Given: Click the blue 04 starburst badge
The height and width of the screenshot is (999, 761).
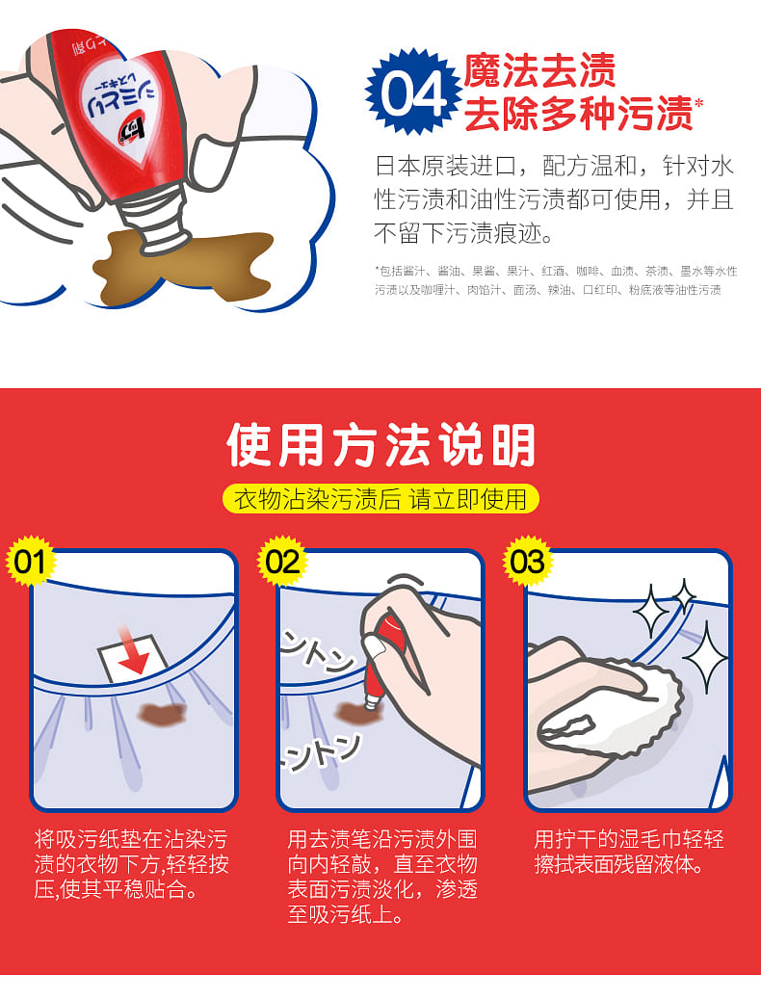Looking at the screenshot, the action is [x=413, y=92].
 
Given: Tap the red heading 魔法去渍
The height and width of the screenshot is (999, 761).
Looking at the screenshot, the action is [x=539, y=70].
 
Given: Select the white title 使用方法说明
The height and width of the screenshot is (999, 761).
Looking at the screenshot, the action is [x=380, y=445].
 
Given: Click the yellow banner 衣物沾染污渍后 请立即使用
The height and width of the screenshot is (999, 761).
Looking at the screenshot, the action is [x=380, y=499].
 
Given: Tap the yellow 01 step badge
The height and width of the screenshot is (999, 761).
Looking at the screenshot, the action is [x=30, y=563].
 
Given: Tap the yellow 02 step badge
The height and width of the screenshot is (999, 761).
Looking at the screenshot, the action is [x=282, y=562].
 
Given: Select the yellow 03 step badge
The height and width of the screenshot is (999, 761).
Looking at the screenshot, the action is [x=527, y=562].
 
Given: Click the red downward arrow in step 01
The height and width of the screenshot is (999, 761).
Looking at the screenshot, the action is [x=133, y=651].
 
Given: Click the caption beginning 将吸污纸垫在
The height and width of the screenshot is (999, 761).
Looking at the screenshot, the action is [x=131, y=864].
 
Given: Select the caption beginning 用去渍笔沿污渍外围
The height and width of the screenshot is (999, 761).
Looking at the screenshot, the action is [x=382, y=877].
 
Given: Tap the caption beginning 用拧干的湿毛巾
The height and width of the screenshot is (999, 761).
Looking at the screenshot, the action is [x=628, y=852].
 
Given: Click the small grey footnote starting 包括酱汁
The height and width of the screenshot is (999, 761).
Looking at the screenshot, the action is [x=555, y=280].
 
